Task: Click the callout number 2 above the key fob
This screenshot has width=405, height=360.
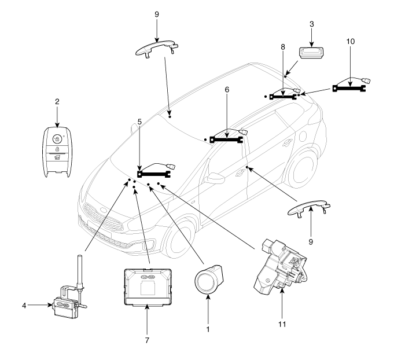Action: coord(57,101)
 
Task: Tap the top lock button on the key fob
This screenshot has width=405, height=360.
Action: coord(57,139)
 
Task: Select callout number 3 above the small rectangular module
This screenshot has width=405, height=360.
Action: coord(312,24)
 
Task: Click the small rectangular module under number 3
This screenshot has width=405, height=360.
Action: coord(312,53)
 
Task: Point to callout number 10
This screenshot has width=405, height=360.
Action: coord(351,41)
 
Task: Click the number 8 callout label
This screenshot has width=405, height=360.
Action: coord(283,47)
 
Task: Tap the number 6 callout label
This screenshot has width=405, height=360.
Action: coord(227,90)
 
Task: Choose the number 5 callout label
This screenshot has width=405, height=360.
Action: coord(139,122)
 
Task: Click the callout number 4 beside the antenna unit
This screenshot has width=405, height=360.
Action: coord(24,306)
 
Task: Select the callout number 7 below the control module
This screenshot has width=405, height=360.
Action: coord(147,340)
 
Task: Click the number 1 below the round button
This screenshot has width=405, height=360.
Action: coord(208,329)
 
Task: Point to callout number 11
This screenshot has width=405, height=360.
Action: coord(282,324)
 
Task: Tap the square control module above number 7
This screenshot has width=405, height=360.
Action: coord(148,287)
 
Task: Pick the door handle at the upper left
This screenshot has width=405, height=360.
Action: coord(157,48)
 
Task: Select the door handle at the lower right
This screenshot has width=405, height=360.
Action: coord(308,208)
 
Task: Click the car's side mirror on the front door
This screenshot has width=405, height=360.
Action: coord(214,178)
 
